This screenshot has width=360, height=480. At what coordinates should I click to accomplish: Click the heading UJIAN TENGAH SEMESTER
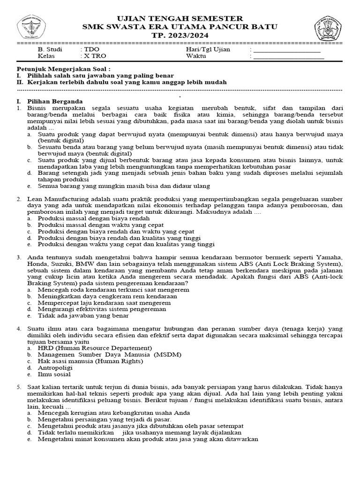[x=180, y=18]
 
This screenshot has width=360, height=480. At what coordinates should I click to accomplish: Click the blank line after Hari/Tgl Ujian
[x=286, y=50]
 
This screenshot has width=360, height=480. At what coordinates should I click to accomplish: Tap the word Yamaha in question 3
[x=330, y=257]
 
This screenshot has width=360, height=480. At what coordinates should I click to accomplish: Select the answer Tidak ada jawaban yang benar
[x=83, y=315]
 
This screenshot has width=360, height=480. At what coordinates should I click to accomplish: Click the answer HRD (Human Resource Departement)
[x=95, y=348]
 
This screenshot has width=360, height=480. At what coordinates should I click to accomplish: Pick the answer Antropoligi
[x=55, y=367]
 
